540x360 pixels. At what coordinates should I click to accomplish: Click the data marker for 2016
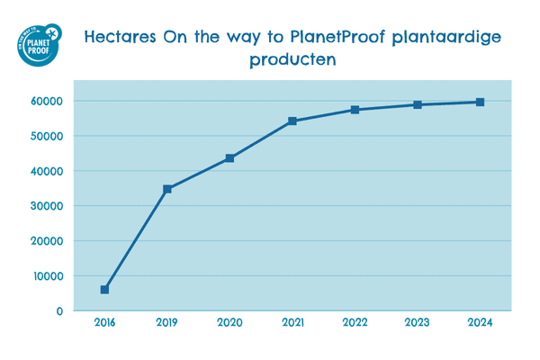[x=104, y=290]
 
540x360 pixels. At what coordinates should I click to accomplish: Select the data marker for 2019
[x=167, y=189]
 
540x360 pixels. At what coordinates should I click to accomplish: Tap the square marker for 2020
[x=230, y=158]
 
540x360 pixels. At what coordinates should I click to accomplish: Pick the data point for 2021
[x=292, y=121]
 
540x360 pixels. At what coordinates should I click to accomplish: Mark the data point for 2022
[x=355, y=110]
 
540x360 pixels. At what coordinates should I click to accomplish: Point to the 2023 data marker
[x=418, y=104]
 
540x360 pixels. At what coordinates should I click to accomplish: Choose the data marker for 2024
[x=480, y=102]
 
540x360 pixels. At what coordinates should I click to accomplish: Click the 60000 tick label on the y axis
[x=46, y=101]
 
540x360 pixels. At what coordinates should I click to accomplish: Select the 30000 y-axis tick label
[x=46, y=206]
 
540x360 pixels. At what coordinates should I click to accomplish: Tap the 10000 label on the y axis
[x=46, y=276]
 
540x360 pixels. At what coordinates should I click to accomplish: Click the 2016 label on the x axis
[x=104, y=321]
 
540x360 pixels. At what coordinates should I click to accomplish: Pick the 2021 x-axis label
[x=292, y=321]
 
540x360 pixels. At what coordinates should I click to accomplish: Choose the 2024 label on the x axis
[x=480, y=321]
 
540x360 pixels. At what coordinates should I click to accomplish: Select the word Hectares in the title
[x=120, y=38]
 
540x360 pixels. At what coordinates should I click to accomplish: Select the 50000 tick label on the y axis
[x=46, y=136]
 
